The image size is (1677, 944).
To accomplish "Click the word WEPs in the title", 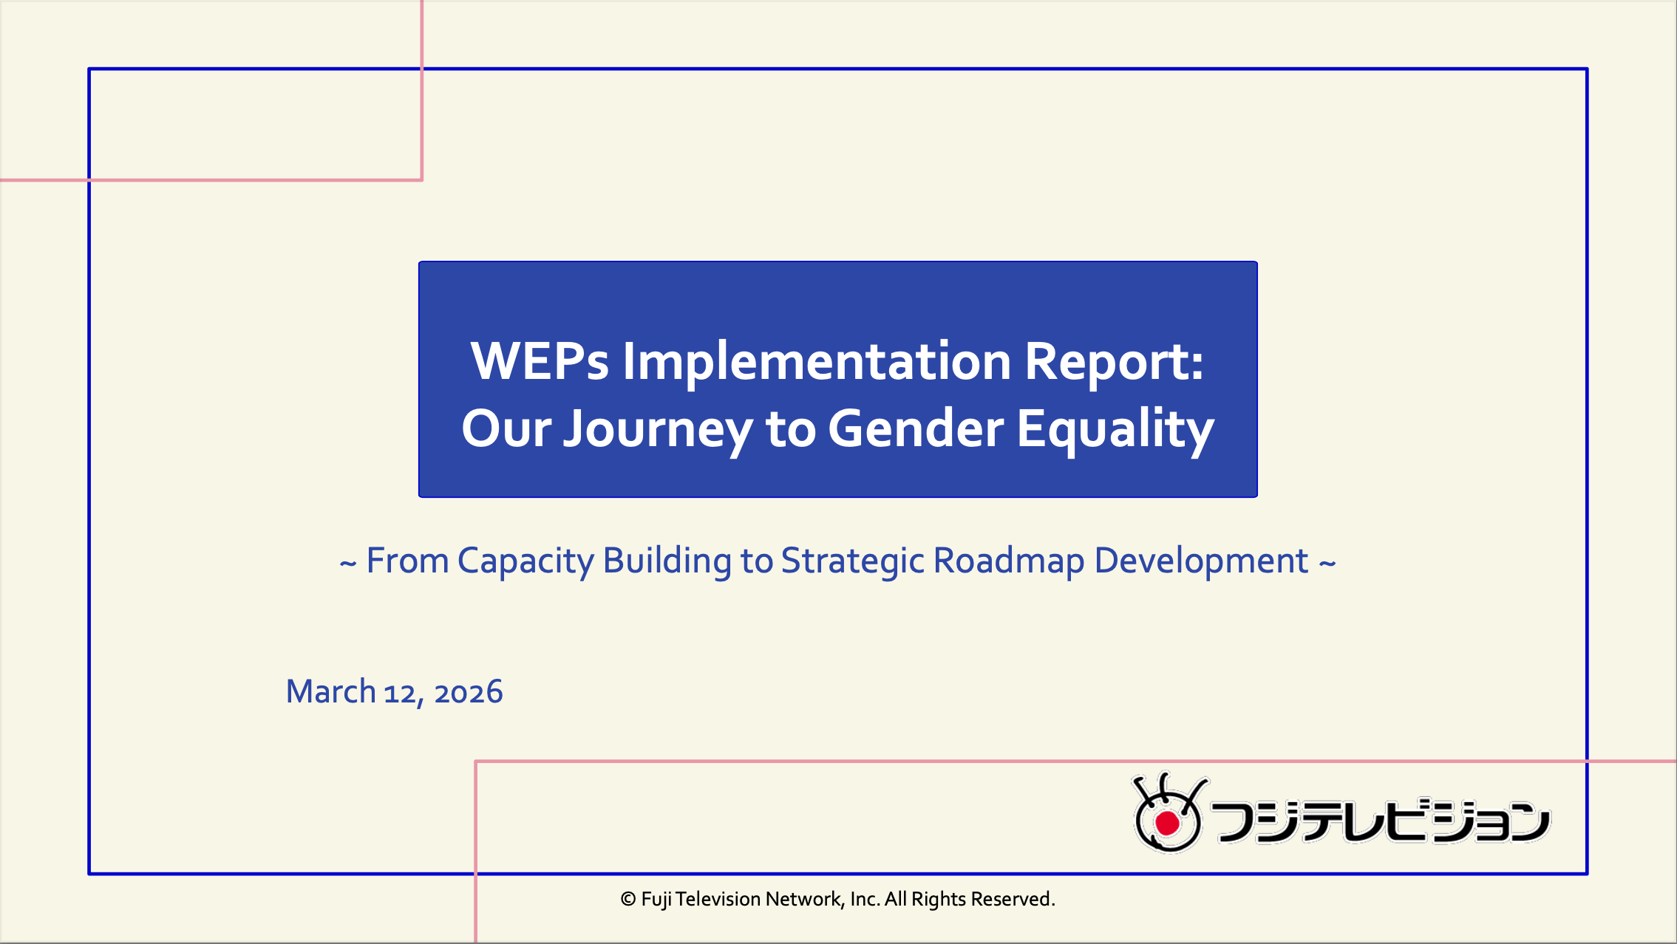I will click(540, 362).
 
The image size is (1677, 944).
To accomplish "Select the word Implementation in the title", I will click(816, 362).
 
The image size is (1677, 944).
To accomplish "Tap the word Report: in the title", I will click(1113, 362).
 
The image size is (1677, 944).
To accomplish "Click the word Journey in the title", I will click(656, 430).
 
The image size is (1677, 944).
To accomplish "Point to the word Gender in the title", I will click(915, 430).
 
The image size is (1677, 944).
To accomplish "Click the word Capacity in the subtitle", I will click(525, 561).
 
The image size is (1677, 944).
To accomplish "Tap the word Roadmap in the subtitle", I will click(1008, 561).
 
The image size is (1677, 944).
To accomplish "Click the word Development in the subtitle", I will click(1201, 561).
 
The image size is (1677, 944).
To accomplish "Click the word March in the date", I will click(330, 692).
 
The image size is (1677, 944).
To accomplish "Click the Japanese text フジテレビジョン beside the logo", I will click(1380, 820).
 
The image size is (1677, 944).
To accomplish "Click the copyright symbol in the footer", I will click(628, 899).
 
